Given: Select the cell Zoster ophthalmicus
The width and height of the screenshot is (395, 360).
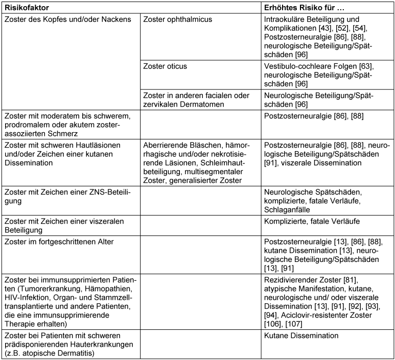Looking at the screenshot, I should [178, 19].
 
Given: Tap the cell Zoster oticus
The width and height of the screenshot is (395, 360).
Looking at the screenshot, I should [166, 66].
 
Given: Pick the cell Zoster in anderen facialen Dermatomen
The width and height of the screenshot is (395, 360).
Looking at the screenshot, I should [196, 100].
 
